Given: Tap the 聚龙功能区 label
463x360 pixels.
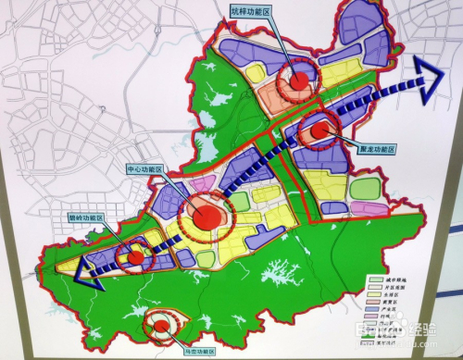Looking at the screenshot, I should [375, 149].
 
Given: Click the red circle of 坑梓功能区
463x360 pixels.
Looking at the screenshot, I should [299, 81].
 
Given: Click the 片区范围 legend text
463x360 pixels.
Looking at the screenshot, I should [399, 286].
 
